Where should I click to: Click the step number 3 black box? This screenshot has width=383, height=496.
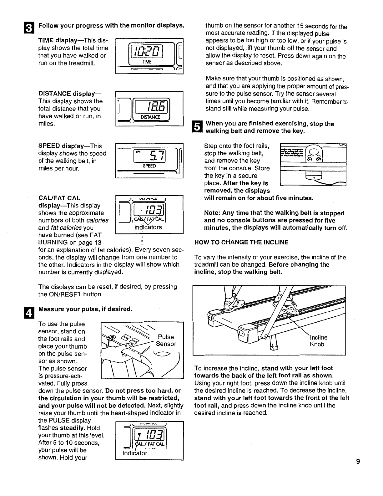tap(29, 28)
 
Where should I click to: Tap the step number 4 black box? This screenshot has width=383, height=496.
tap(29, 313)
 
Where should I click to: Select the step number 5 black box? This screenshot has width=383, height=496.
tap(197, 126)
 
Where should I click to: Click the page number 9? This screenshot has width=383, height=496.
tap(358, 461)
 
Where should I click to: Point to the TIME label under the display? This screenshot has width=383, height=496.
tap(147, 62)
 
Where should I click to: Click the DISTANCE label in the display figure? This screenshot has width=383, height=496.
tap(150, 117)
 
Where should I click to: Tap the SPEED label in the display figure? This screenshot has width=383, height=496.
tap(149, 166)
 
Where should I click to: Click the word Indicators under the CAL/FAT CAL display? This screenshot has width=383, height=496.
tap(148, 227)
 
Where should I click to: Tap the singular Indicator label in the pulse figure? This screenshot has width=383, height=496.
tap(135, 453)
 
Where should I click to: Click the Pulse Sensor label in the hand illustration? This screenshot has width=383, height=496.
tap(166, 340)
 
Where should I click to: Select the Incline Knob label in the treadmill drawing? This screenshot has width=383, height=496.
tap(319, 341)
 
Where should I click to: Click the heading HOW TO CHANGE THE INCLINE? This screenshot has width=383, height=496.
tap(241, 242)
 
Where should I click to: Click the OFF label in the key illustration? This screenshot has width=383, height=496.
tap(319, 159)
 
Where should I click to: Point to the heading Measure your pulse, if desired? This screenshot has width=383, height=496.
tap(85, 309)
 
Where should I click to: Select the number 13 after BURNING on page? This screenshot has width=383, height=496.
tap(98, 243)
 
